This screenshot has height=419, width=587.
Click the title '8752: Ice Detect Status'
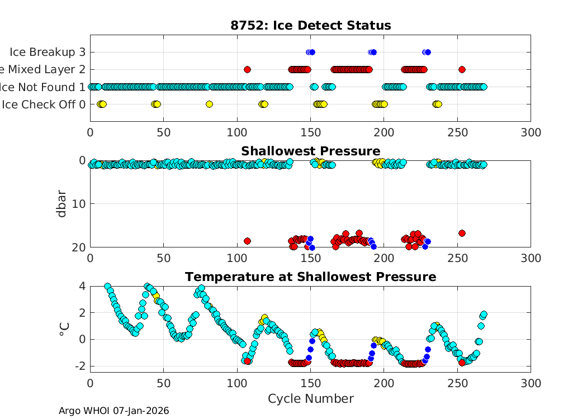310,26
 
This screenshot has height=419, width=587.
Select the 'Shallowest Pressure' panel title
310,151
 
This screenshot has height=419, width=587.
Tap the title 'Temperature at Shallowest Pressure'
310,277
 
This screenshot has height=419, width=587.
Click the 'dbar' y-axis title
62,204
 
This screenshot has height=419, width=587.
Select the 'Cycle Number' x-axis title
310,399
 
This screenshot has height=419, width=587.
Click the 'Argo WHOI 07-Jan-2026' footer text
113,411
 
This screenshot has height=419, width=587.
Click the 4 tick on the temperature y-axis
82,286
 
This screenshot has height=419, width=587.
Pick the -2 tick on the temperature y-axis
80,366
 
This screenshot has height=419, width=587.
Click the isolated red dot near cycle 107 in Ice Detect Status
247,69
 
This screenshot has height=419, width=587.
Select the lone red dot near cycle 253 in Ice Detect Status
462,69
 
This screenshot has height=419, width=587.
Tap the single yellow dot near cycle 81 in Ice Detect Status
209,104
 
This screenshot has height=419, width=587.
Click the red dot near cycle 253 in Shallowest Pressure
462,233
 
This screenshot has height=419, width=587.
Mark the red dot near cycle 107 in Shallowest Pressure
247,241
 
